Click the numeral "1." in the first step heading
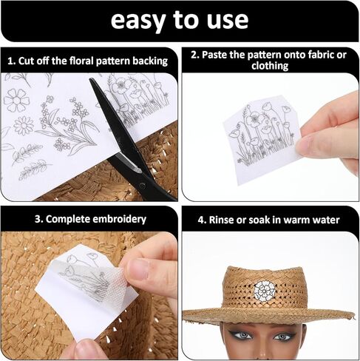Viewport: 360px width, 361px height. point(12,61)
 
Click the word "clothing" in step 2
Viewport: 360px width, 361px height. point(270,66)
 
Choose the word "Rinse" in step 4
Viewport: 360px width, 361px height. point(221,220)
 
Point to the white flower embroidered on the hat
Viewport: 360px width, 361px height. point(265,291)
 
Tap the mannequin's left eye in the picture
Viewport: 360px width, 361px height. point(282,337)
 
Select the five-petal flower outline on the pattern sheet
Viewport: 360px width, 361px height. point(16,100)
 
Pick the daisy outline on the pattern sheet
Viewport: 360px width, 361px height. point(24,126)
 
